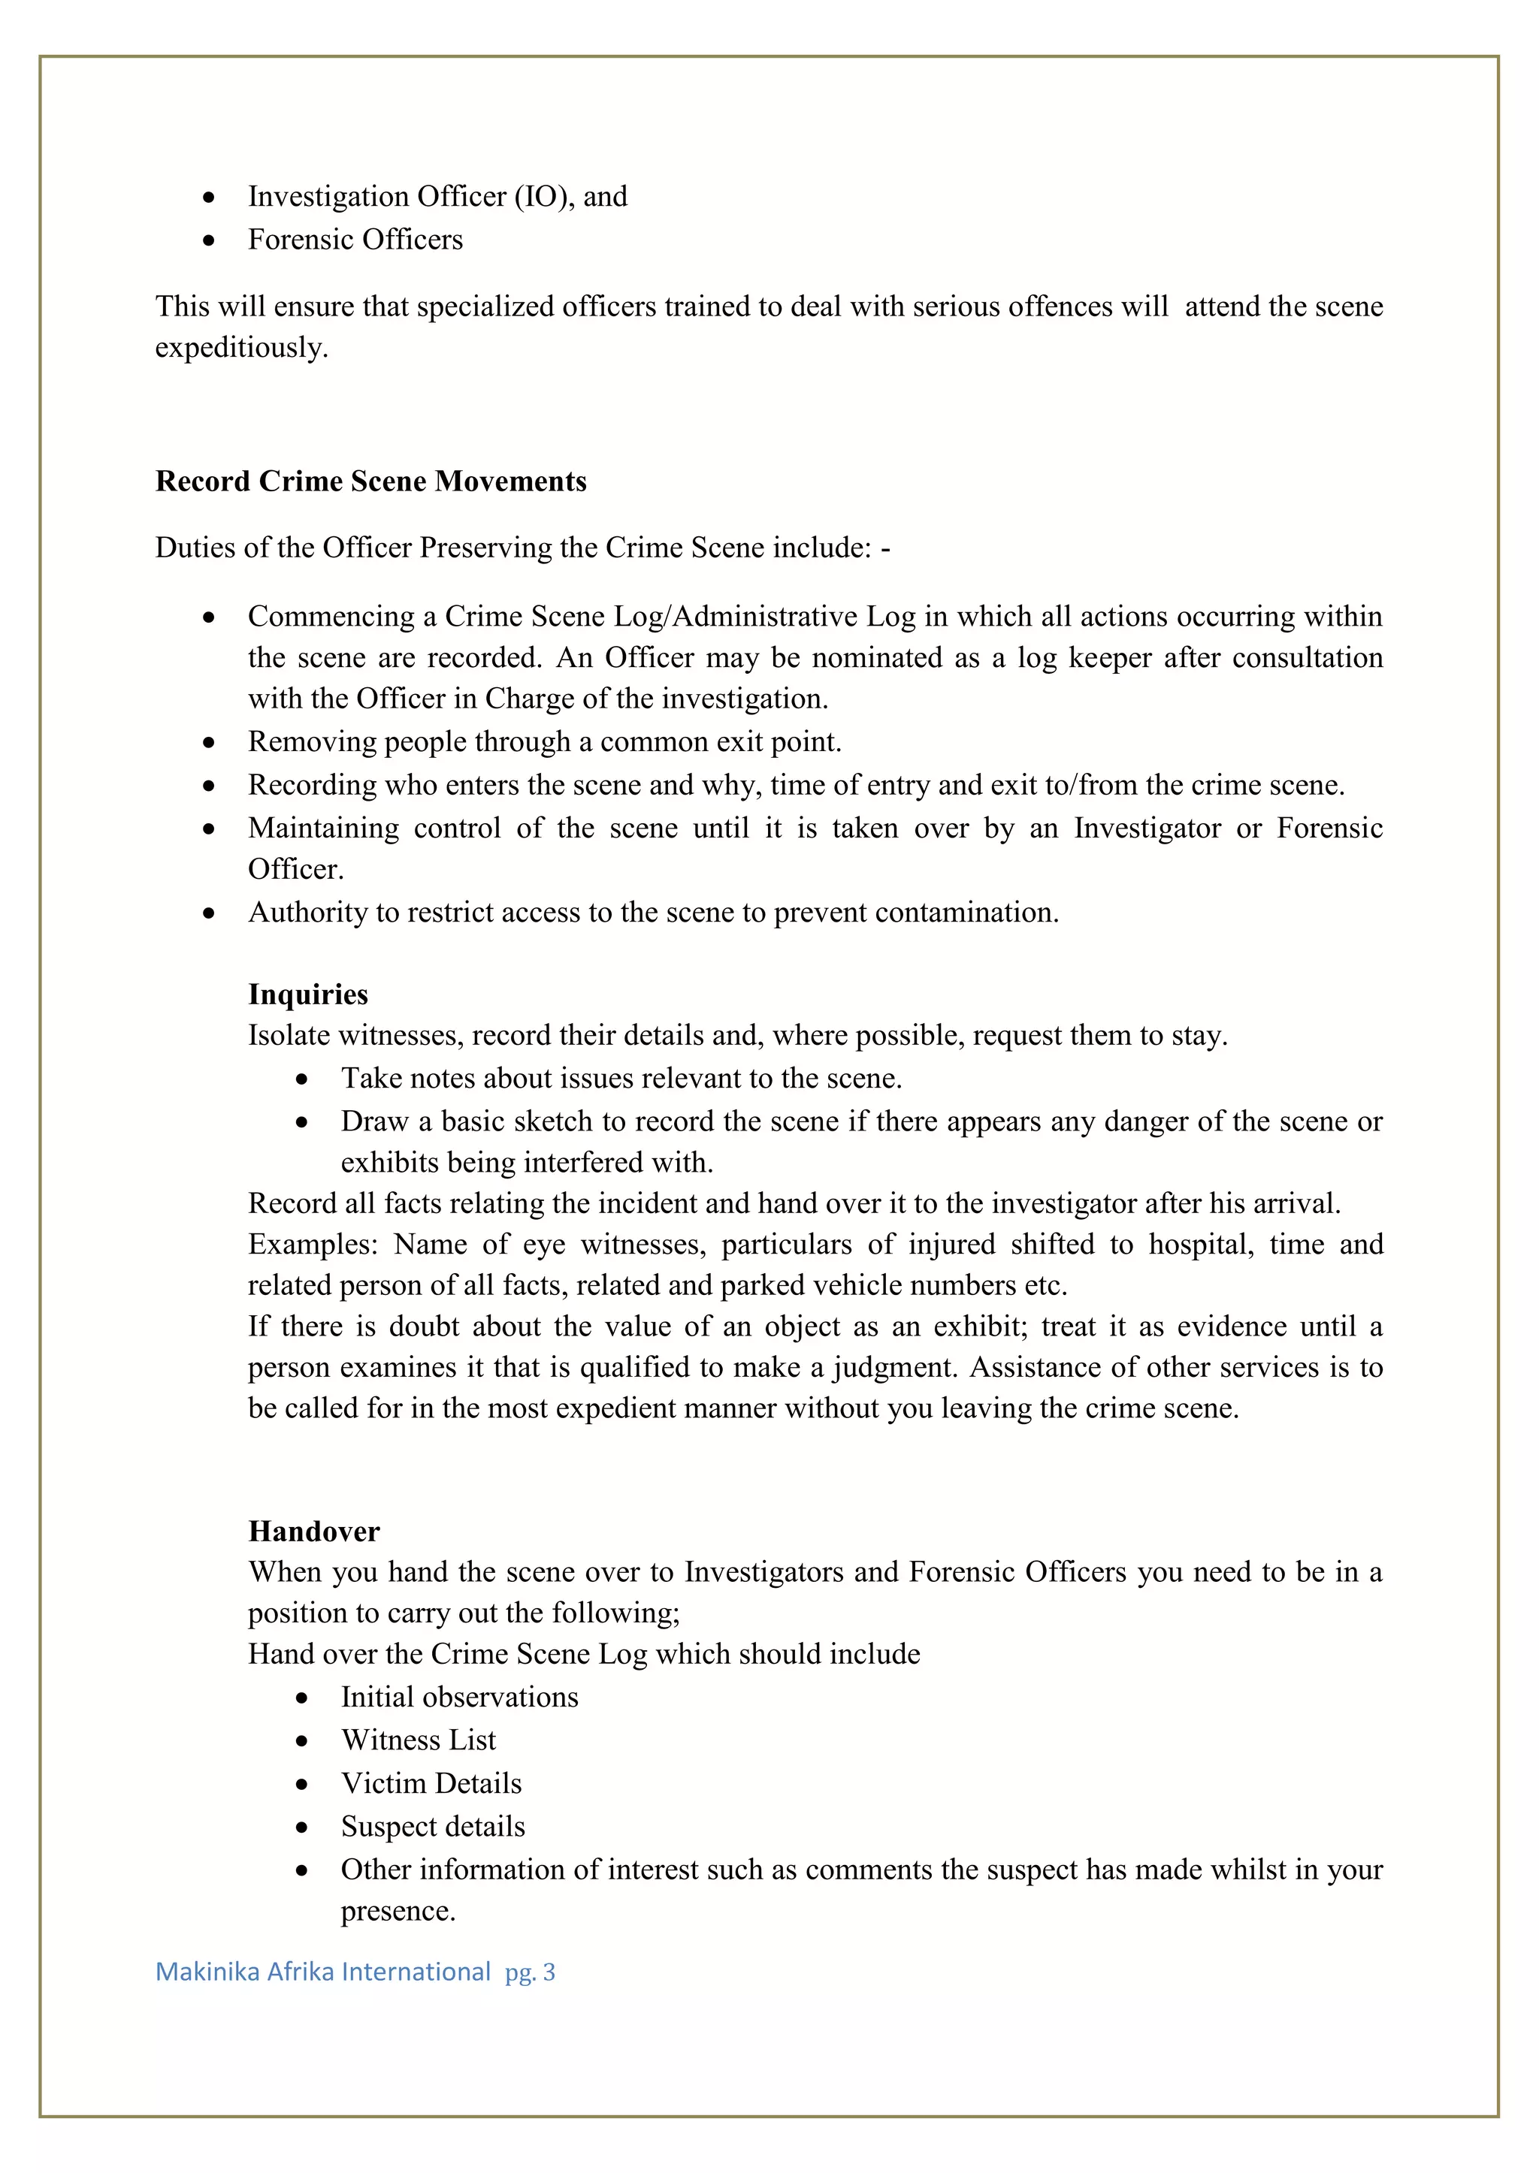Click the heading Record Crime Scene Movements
370,481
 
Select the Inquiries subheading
308,994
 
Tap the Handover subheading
313,1531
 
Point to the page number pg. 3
530,1972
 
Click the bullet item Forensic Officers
355,240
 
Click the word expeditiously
242,348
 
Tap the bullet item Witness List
418,1740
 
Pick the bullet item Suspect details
433,1826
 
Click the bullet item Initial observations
460,1697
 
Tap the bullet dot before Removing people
208,743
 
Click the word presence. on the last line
398,1911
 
